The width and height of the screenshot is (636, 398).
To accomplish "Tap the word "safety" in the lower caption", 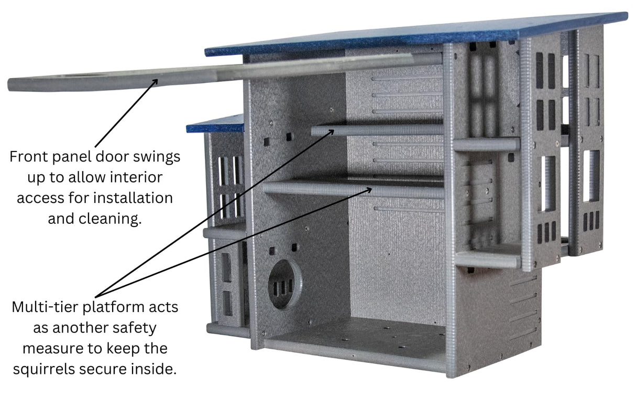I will tap(133, 328).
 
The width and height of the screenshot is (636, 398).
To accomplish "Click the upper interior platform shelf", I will tap(377, 130).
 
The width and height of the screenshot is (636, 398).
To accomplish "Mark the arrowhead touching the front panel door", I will tap(155, 81).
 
